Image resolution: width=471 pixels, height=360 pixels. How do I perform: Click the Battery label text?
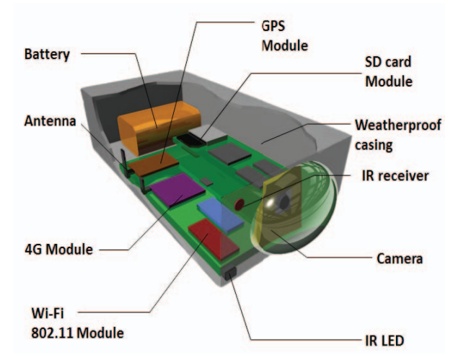click(x=47, y=54)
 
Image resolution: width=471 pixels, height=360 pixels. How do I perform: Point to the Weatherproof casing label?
click(x=397, y=134)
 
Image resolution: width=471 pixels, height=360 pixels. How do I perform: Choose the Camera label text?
click(x=399, y=258)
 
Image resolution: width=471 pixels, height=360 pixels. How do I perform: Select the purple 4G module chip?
click(x=177, y=190)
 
